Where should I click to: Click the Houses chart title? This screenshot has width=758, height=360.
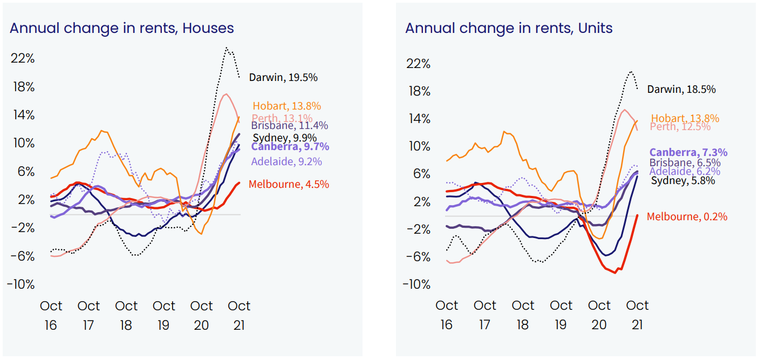click(122, 28)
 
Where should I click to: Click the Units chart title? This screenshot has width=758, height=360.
click(509, 28)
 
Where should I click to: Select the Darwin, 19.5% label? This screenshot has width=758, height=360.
click(283, 77)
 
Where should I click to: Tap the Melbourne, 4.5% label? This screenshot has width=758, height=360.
click(289, 184)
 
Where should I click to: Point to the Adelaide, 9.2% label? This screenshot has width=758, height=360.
click(286, 161)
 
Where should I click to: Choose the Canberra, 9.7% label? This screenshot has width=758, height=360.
click(290, 147)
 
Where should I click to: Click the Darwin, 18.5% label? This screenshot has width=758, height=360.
click(681, 89)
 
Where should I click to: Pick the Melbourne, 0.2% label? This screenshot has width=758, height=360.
click(687, 216)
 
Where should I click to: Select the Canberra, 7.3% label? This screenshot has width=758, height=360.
click(688, 153)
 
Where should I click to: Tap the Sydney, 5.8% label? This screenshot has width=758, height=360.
click(683, 181)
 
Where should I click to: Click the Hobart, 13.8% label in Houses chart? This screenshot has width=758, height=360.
click(286, 106)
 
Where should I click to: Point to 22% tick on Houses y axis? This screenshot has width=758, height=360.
click(22, 58)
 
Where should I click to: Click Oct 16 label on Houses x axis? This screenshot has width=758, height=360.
click(51, 315)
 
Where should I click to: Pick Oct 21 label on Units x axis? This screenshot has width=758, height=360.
click(637, 315)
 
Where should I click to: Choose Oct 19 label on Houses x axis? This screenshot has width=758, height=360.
click(163, 315)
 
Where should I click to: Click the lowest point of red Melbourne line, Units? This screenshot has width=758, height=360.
click(615, 273)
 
